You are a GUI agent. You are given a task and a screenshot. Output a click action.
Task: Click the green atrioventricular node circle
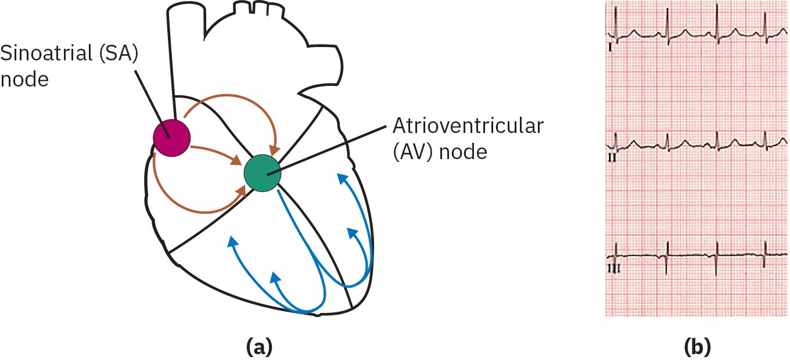262,172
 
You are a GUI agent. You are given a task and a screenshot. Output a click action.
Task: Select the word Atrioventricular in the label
469,126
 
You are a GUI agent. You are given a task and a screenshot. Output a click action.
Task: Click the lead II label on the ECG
612,157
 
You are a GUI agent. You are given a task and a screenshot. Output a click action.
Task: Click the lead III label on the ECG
613,269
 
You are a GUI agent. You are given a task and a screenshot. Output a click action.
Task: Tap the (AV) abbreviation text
410,152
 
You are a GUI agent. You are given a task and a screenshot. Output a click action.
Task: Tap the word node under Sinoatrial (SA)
24,80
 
